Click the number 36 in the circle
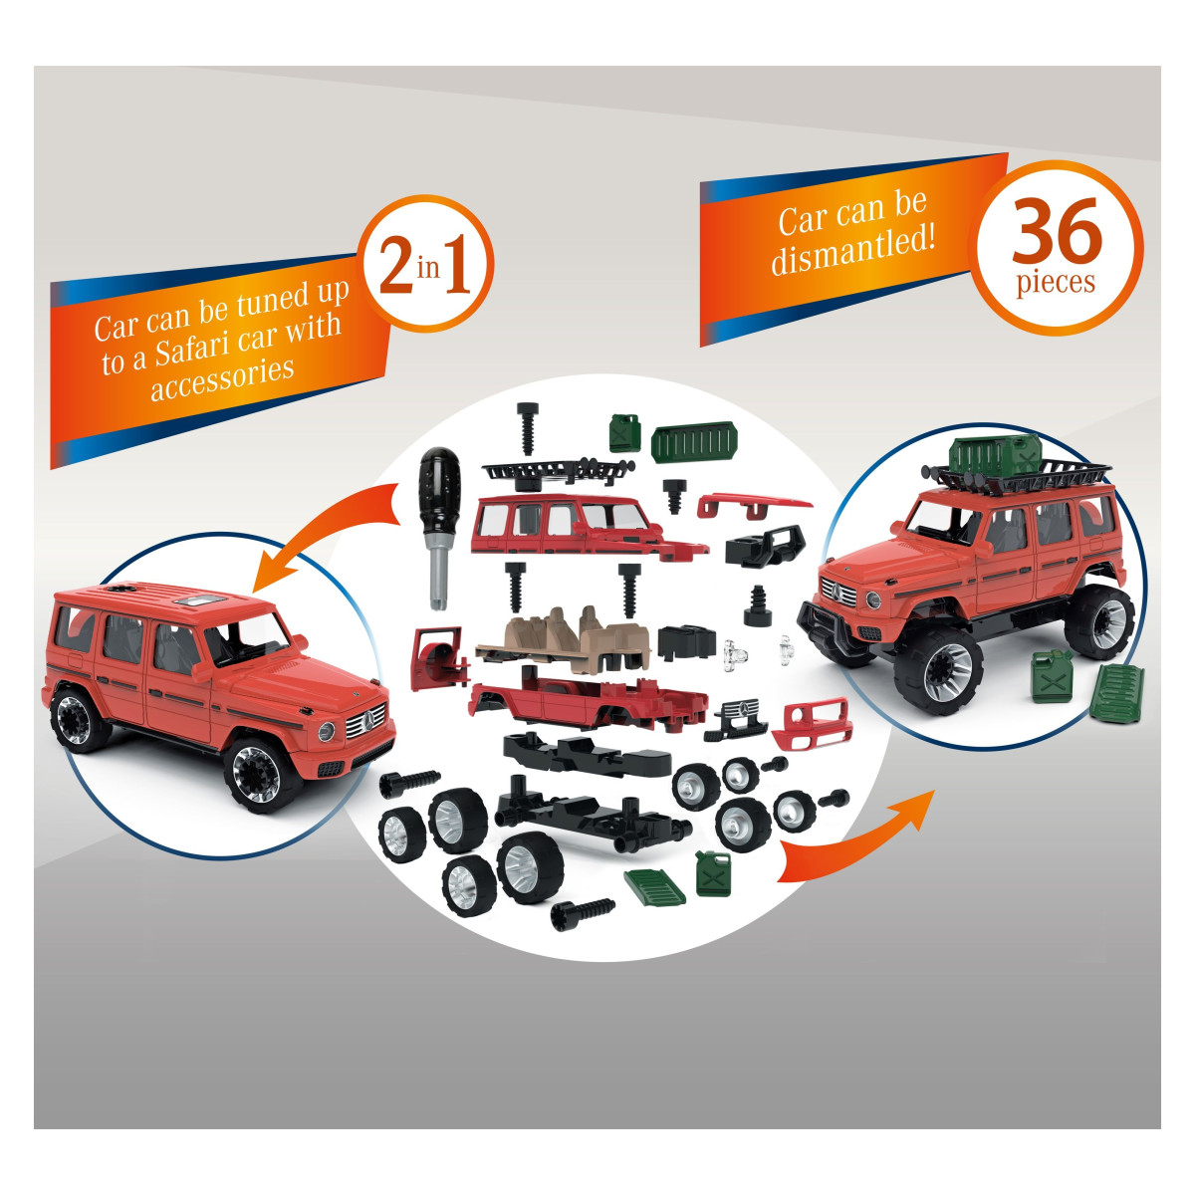click(1057, 231)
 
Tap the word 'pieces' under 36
click(1056, 282)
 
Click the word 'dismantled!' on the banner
click(852, 251)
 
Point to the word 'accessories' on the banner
click(222, 378)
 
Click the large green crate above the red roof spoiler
click(694, 441)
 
